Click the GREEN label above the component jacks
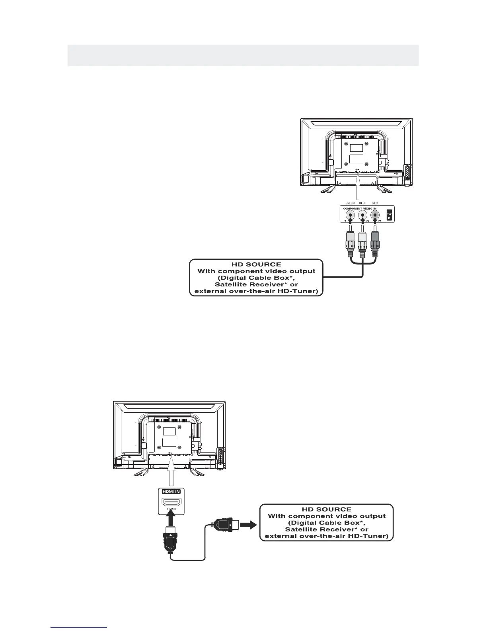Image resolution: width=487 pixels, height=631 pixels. point(350,203)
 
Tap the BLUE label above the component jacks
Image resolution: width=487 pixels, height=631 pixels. point(362,203)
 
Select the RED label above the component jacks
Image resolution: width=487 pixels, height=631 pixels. point(375,203)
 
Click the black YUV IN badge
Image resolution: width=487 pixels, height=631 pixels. point(390,216)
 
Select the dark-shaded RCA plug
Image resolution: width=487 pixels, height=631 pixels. point(375,245)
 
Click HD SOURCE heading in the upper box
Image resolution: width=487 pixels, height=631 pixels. point(256,264)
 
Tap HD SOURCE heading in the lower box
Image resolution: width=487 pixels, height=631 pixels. point(326,509)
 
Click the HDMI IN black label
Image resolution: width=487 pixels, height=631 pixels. point(171,491)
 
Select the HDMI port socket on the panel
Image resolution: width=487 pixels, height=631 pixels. point(171,502)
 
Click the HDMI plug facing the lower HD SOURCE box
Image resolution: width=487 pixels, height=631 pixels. point(225,525)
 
